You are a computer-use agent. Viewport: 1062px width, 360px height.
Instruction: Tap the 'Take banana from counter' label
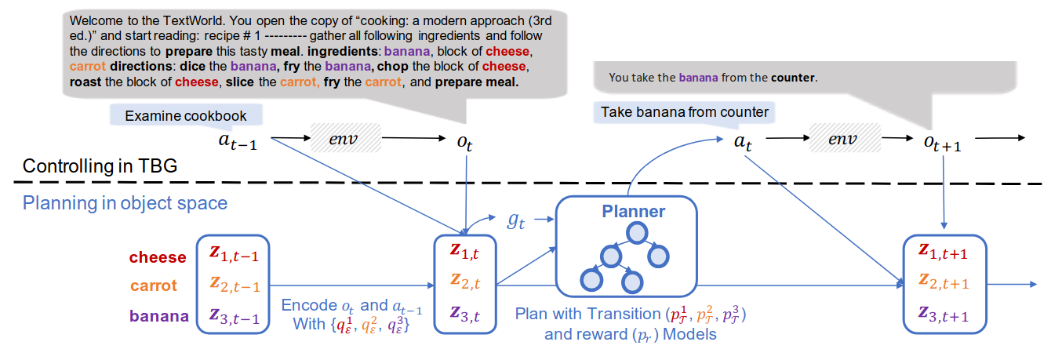tap(685, 112)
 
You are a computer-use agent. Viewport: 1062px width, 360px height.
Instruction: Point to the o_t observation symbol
tap(465, 142)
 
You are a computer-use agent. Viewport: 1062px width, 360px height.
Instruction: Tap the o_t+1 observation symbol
tap(942, 142)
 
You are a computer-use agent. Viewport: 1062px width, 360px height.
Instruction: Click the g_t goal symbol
tap(516, 221)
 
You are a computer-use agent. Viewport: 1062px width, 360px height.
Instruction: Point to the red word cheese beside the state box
tap(158, 257)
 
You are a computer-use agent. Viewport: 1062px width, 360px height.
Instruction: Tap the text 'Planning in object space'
tap(125, 203)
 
